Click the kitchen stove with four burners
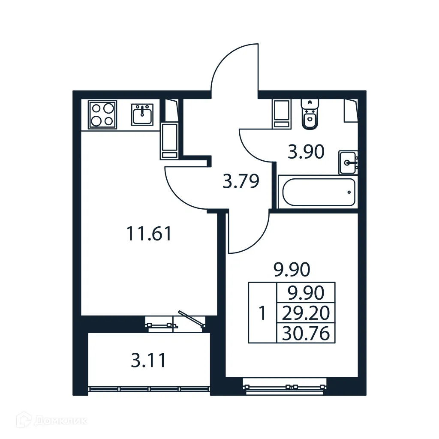click(102, 114)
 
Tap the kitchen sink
click(142, 114)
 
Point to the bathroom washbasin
click(348, 162)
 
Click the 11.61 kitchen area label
click(149, 234)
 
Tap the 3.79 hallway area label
click(241, 181)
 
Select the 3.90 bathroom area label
click(306, 152)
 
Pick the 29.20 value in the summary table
click(306, 313)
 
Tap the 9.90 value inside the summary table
click(306, 293)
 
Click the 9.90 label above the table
click(292, 270)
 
